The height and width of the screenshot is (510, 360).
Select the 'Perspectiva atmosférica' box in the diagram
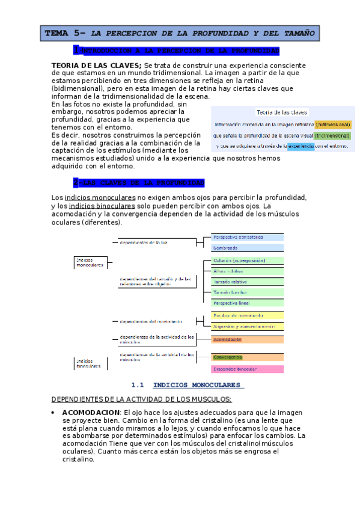tap(247, 238)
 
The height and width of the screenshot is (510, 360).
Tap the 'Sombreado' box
tap(247, 248)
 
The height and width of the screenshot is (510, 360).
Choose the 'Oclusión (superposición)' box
tap(247, 260)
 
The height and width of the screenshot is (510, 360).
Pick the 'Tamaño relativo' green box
tap(247, 281)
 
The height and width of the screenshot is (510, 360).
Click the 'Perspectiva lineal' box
tap(247, 303)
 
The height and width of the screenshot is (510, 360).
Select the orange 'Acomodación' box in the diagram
tap(247, 340)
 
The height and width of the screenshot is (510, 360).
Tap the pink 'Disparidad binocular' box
tap(247, 369)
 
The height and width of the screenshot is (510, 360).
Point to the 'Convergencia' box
tap(247, 357)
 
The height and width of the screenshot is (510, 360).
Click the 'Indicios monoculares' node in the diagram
tap(89, 262)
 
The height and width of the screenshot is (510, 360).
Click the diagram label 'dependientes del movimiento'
tap(151, 321)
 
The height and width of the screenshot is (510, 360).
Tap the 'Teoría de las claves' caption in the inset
tap(282, 112)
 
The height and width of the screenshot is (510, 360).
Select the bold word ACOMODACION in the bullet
tap(90, 412)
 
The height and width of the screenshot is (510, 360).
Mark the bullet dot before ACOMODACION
tap(54, 412)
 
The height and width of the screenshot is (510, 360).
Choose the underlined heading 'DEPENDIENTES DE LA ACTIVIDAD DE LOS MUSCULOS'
tap(141, 399)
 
